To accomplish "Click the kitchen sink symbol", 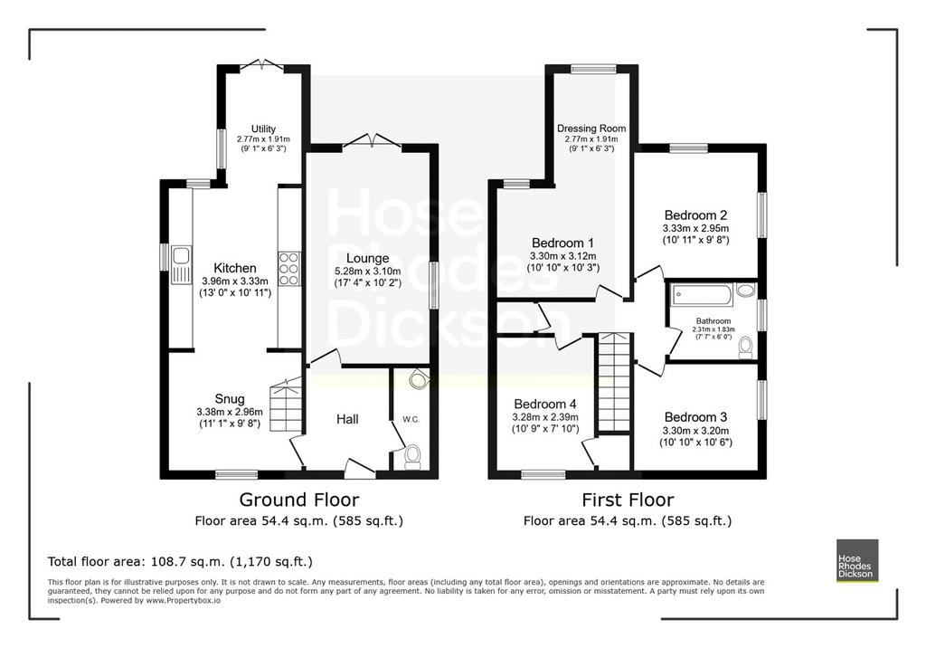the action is coord(181,265).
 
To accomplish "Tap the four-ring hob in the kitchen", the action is coord(288,269).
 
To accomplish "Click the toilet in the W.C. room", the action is coord(412,457).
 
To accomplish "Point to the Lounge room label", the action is coord(367,258).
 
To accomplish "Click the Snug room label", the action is coord(230,399).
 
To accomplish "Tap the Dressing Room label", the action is coord(591,129).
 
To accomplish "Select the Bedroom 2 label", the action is coord(695,215).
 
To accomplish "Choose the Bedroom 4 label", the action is coord(545,405).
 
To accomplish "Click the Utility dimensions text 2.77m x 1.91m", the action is coord(263,139).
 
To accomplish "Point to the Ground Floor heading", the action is coord(298,500).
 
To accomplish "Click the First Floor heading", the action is coord(628,500).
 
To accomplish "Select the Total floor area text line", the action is coord(180,562).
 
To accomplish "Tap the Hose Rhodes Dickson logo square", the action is coord(857,560).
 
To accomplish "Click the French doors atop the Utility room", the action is coord(263,65).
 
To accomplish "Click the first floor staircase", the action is coord(615,382).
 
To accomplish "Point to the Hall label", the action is coord(347,419).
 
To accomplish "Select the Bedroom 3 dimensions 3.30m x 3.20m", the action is coord(695,431).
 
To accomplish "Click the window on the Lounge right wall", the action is coord(434,286).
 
